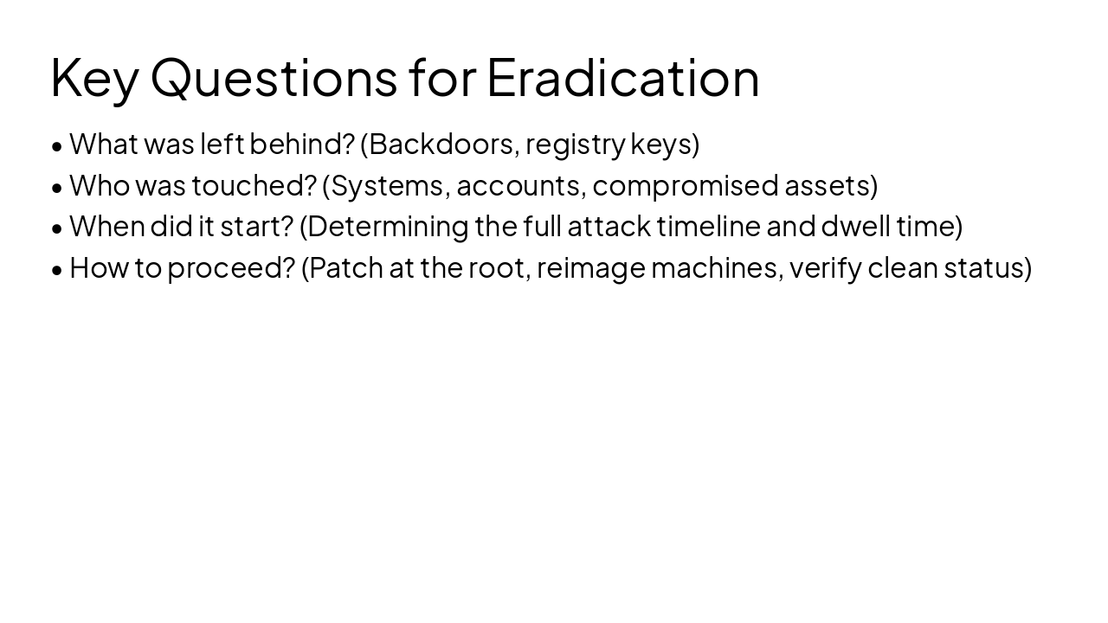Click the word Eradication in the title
622,77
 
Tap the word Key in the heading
93,78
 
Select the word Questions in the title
274,78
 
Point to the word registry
575,144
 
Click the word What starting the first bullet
104,144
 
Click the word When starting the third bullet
107,226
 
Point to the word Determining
389,227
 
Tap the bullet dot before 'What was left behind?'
57,146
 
